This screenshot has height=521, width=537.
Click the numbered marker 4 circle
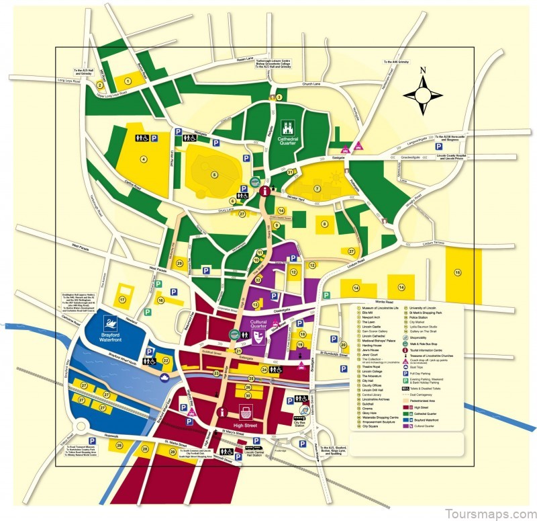143,159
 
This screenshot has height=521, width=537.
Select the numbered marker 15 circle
458,272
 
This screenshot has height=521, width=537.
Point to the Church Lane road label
312,84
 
